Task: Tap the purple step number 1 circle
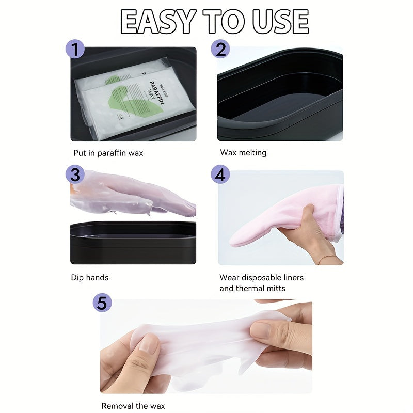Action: tap(75, 50)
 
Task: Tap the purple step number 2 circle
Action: tap(220, 50)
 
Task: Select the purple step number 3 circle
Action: tap(75, 174)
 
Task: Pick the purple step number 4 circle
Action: tap(220, 174)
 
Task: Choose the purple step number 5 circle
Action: tap(102, 303)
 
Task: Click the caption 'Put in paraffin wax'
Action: tap(108, 153)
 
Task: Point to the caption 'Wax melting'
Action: tap(243, 153)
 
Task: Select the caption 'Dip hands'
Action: tap(90, 278)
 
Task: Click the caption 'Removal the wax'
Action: tap(133, 406)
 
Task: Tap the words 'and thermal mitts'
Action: tap(252, 289)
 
